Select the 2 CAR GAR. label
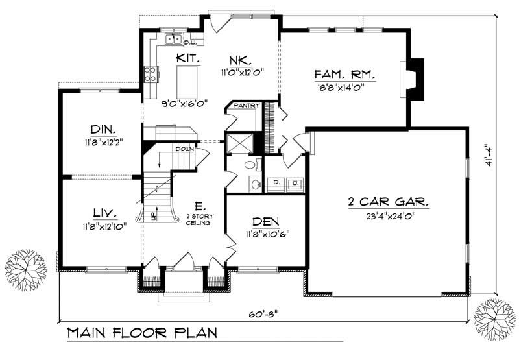point(388,202)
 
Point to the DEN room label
point(265,221)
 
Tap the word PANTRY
point(247,106)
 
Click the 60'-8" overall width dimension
point(264,313)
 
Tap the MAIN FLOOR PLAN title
point(141,335)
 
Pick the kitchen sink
point(173,40)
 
